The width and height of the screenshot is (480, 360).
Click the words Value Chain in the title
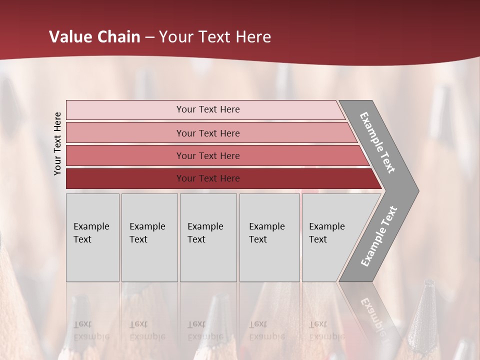[x=94, y=37]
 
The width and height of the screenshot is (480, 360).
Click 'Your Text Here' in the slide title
[x=215, y=37]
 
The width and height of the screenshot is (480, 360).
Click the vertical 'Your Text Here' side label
[x=57, y=144]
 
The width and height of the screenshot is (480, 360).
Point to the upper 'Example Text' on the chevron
[x=377, y=142]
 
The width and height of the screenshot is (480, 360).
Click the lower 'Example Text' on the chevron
[x=379, y=236]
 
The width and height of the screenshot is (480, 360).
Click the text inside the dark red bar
[x=208, y=178]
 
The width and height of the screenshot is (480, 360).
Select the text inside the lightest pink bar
[x=208, y=109]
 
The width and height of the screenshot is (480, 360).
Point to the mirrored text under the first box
[x=91, y=330]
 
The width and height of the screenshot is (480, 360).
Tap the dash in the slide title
[x=149, y=37]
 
